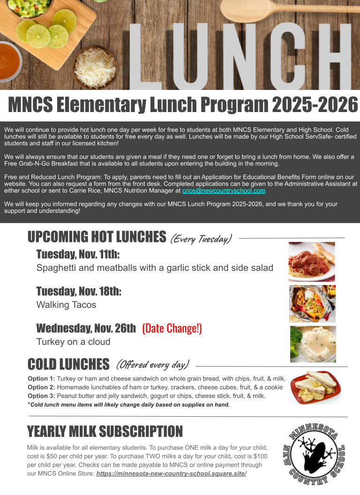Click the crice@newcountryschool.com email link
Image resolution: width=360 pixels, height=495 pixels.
click(224, 191)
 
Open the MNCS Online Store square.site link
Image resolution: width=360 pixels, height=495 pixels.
click(171, 473)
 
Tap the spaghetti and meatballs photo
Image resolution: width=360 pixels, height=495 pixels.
click(312, 262)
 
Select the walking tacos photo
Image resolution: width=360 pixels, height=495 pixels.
click(312, 303)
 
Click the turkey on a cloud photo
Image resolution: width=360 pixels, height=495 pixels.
click(313, 344)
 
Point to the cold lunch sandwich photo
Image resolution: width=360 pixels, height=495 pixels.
click(315, 387)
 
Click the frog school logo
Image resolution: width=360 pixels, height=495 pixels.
click(315, 452)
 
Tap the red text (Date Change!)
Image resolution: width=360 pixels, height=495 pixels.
click(172, 328)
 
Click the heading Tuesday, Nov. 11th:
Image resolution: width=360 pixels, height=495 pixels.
click(78, 255)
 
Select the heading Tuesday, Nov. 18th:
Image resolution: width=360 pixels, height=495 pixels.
click(79, 292)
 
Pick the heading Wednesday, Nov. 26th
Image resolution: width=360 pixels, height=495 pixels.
click(86, 328)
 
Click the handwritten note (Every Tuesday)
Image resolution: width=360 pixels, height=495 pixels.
click(201, 239)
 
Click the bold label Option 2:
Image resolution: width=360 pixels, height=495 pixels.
click(41, 387)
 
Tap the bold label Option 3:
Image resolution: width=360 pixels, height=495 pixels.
click(41, 396)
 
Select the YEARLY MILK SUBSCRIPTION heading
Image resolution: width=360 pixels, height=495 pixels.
click(105, 431)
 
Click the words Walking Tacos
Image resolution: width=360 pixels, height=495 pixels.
click(66, 305)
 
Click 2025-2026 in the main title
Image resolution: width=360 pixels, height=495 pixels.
click(315, 105)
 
